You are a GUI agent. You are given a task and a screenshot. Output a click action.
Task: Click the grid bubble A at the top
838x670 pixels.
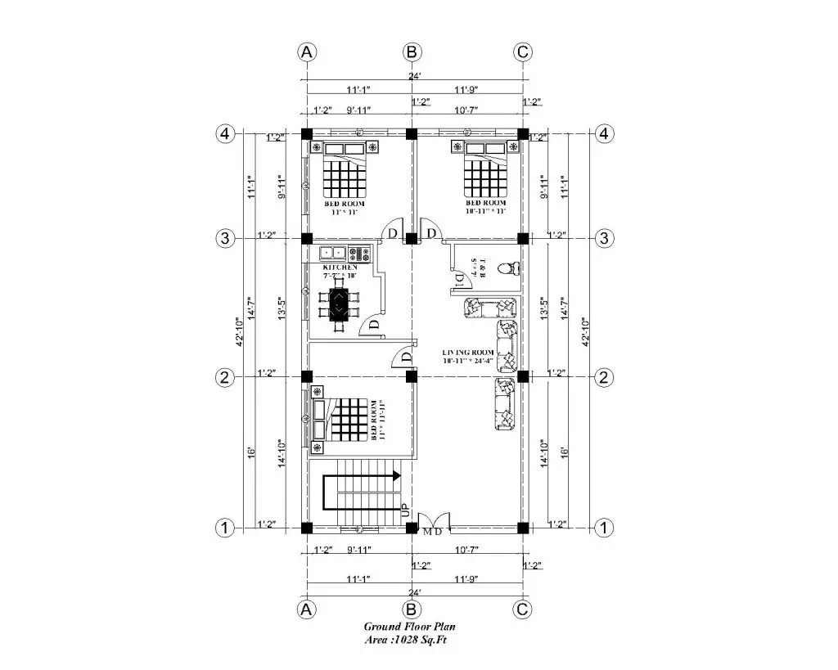[307, 52]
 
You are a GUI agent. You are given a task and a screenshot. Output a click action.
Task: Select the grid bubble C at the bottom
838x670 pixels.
[523, 609]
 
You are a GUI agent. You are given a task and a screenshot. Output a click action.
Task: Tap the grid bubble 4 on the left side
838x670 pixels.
[226, 133]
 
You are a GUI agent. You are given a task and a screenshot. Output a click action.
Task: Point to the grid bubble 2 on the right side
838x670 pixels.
[604, 377]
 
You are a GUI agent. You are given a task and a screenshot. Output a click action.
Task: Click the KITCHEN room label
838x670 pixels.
[340, 268]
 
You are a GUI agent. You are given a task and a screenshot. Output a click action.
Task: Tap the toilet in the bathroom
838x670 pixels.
[511, 268]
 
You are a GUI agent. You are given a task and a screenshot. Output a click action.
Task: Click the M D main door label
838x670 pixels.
[432, 532]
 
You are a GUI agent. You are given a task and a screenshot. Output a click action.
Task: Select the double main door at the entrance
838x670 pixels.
[432, 520]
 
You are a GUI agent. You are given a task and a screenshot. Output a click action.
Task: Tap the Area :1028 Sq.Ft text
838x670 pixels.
[406, 639]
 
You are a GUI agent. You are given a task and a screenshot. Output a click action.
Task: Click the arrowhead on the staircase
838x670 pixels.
[396, 475]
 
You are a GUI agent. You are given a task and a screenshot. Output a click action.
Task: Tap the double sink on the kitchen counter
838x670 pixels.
[331, 253]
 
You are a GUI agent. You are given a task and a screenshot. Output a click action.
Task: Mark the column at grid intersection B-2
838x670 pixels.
[412, 376]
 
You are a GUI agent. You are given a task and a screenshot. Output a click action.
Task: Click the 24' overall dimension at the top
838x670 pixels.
[415, 76]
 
